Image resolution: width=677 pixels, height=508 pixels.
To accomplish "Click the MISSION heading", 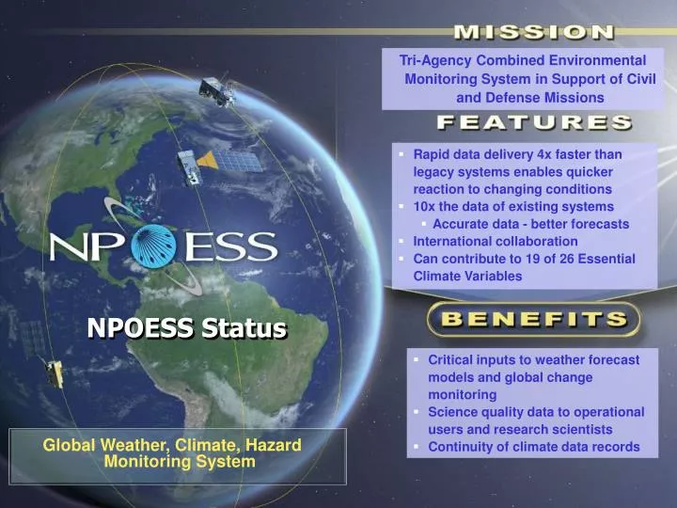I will pos(533,33).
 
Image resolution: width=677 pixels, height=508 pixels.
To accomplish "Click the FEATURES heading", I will pos(533,123).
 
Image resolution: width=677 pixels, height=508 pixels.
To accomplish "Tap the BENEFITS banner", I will pos(533,319).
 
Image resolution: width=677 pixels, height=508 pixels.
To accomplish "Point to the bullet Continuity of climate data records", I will pos(533,447).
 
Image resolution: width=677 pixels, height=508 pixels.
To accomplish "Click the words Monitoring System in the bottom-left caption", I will pos(179,462).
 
